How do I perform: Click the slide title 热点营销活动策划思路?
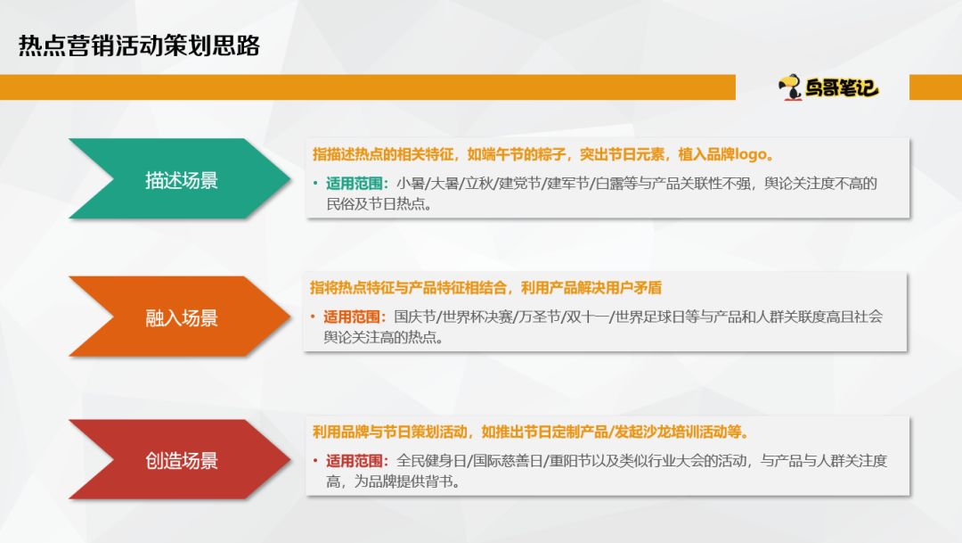click(139, 46)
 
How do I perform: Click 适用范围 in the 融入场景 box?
click(355, 317)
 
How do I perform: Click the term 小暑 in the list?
click(411, 184)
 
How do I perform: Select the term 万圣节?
click(538, 317)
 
